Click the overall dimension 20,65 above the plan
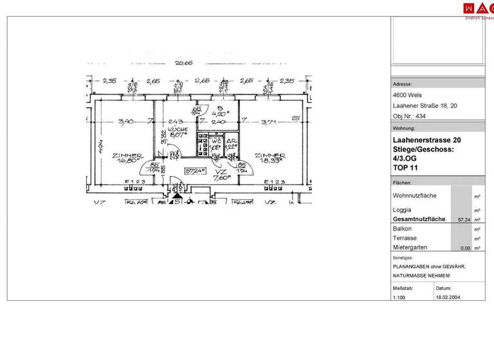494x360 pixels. [185, 63]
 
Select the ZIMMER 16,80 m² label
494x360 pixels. [125, 158]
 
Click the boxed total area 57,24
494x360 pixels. [195, 171]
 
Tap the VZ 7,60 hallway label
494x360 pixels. [221, 176]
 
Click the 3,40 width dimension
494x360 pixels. [127, 121]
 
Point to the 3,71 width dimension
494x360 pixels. [268, 121]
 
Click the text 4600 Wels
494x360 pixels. [407, 96]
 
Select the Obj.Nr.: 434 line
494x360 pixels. [409, 116]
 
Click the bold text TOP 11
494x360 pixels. [405, 168]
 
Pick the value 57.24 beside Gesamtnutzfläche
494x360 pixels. [462, 219]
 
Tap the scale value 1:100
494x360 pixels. [400, 298]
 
